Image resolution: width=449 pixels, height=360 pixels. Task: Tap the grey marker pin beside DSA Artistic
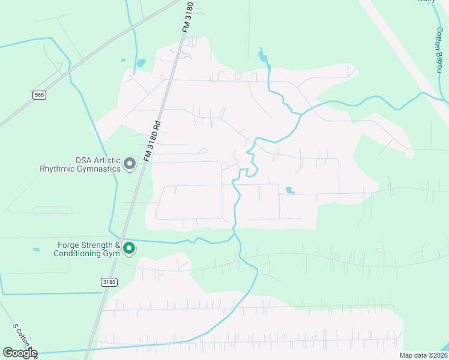(129, 164)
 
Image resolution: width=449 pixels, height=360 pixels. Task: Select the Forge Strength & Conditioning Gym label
(85, 249)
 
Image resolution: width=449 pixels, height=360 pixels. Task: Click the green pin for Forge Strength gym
(128, 248)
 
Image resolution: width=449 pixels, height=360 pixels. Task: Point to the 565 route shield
(40, 95)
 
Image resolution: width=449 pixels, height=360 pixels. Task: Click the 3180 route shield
(109, 281)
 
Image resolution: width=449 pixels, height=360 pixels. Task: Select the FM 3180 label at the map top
(188, 18)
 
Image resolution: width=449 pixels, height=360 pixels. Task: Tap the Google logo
(20, 353)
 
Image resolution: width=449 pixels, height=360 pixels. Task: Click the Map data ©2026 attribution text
(424, 355)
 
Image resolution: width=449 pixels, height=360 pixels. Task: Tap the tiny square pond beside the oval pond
(123, 60)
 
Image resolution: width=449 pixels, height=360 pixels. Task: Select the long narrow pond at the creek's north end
(263, 56)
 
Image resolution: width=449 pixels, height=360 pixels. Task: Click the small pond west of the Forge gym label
(37, 249)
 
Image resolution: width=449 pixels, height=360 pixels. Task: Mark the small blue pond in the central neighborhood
(291, 191)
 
